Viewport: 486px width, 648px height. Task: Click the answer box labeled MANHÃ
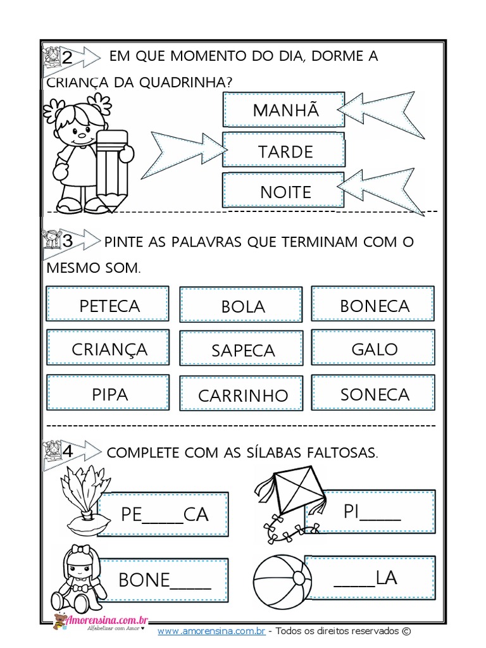pyautogui.click(x=283, y=109)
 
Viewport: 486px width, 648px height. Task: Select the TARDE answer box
pyautogui.click(x=283, y=151)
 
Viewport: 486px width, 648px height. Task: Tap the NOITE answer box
pyautogui.click(x=283, y=190)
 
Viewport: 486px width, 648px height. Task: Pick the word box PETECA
pyautogui.click(x=108, y=305)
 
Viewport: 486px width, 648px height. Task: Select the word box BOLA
pyautogui.click(x=242, y=306)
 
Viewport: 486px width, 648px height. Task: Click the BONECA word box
pyautogui.click(x=374, y=305)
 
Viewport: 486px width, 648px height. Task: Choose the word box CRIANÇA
pyautogui.click(x=108, y=349)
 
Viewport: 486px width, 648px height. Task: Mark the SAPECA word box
pyautogui.click(x=242, y=350)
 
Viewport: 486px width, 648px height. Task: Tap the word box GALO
pyautogui.click(x=374, y=349)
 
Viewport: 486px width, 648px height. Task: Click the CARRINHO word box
pyautogui.click(x=242, y=395)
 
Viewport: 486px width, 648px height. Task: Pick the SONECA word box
pyautogui.click(x=374, y=394)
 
